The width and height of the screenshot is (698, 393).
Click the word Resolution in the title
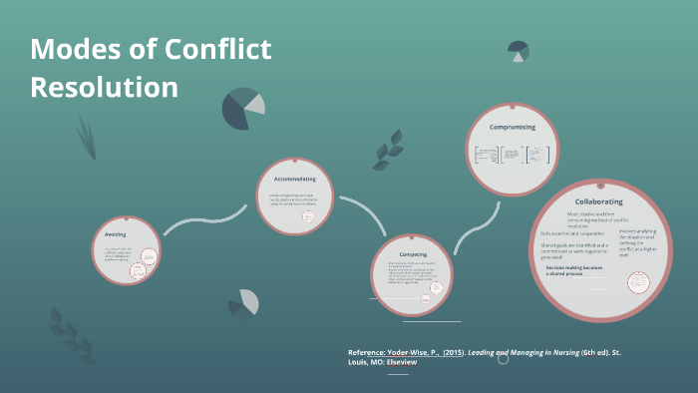[x=104, y=87]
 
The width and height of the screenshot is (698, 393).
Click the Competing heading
[x=406, y=239]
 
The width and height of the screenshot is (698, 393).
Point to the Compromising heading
[x=513, y=128]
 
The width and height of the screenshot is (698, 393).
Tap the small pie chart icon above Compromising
[x=519, y=50]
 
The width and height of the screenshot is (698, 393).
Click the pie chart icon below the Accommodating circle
[x=243, y=303]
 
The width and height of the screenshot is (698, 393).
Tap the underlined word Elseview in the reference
[x=401, y=362]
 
